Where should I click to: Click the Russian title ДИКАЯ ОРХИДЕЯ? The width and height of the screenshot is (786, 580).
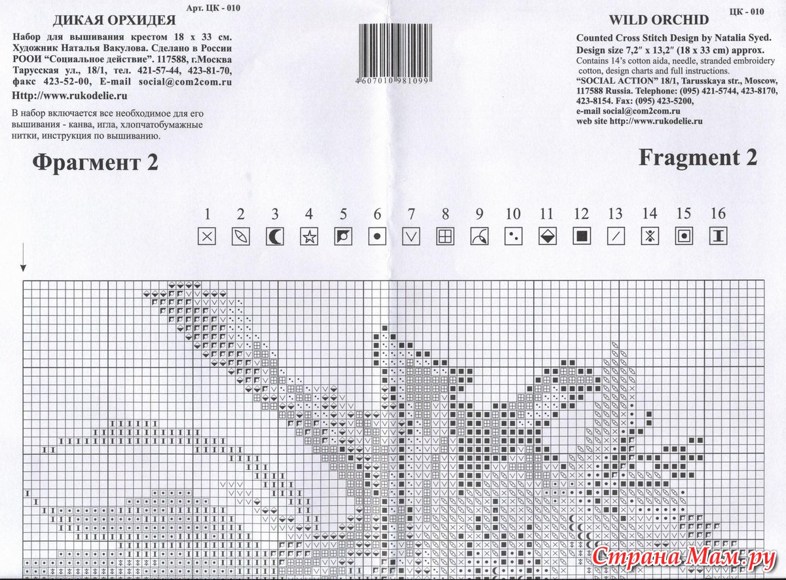(x=115, y=21)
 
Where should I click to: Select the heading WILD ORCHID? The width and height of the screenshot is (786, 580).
(x=659, y=20)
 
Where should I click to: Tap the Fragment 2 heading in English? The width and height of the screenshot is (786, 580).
(x=698, y=158)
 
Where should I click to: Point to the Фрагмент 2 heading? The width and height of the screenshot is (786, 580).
(x=95, y=163)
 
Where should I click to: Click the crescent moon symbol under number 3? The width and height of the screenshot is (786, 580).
(x=274, y=237)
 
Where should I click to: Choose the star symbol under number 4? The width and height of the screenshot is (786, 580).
(x=309, y=237)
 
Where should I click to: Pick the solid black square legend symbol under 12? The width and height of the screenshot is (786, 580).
(x=582, y=236)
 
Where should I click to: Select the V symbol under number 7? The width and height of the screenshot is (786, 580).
(x=411, y=237)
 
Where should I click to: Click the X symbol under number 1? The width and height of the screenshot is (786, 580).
(x=207, y=237)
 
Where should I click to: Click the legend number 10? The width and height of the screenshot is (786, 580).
(x=513, y=214)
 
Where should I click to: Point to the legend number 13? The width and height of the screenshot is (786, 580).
(x=615, y=214)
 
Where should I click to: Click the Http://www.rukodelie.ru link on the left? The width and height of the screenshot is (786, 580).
(x=69, y=96)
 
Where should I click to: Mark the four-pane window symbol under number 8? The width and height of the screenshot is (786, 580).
(x=445, y=237)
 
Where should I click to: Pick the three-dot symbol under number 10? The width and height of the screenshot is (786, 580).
(x=514, y=237)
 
